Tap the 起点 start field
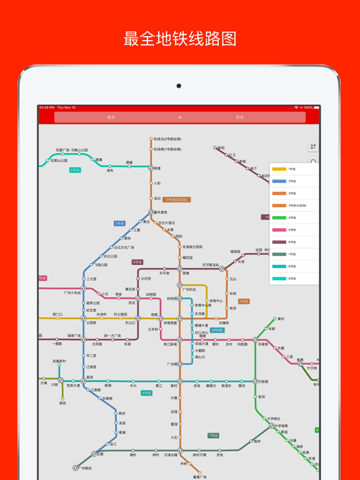pos(111,117)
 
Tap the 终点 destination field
pos(239,117)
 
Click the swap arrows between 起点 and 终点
pos(180,117)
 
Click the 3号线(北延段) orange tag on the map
pos(177,200)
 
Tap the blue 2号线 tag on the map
pos(119,223)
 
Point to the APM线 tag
pos(217,330)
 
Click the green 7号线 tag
pos(213,436)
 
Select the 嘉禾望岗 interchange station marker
pos(151,212)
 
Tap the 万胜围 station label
pos(262,381)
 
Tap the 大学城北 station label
pos(274,419)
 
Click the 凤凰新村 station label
pos(59,361)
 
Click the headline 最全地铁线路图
pos(180,39)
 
